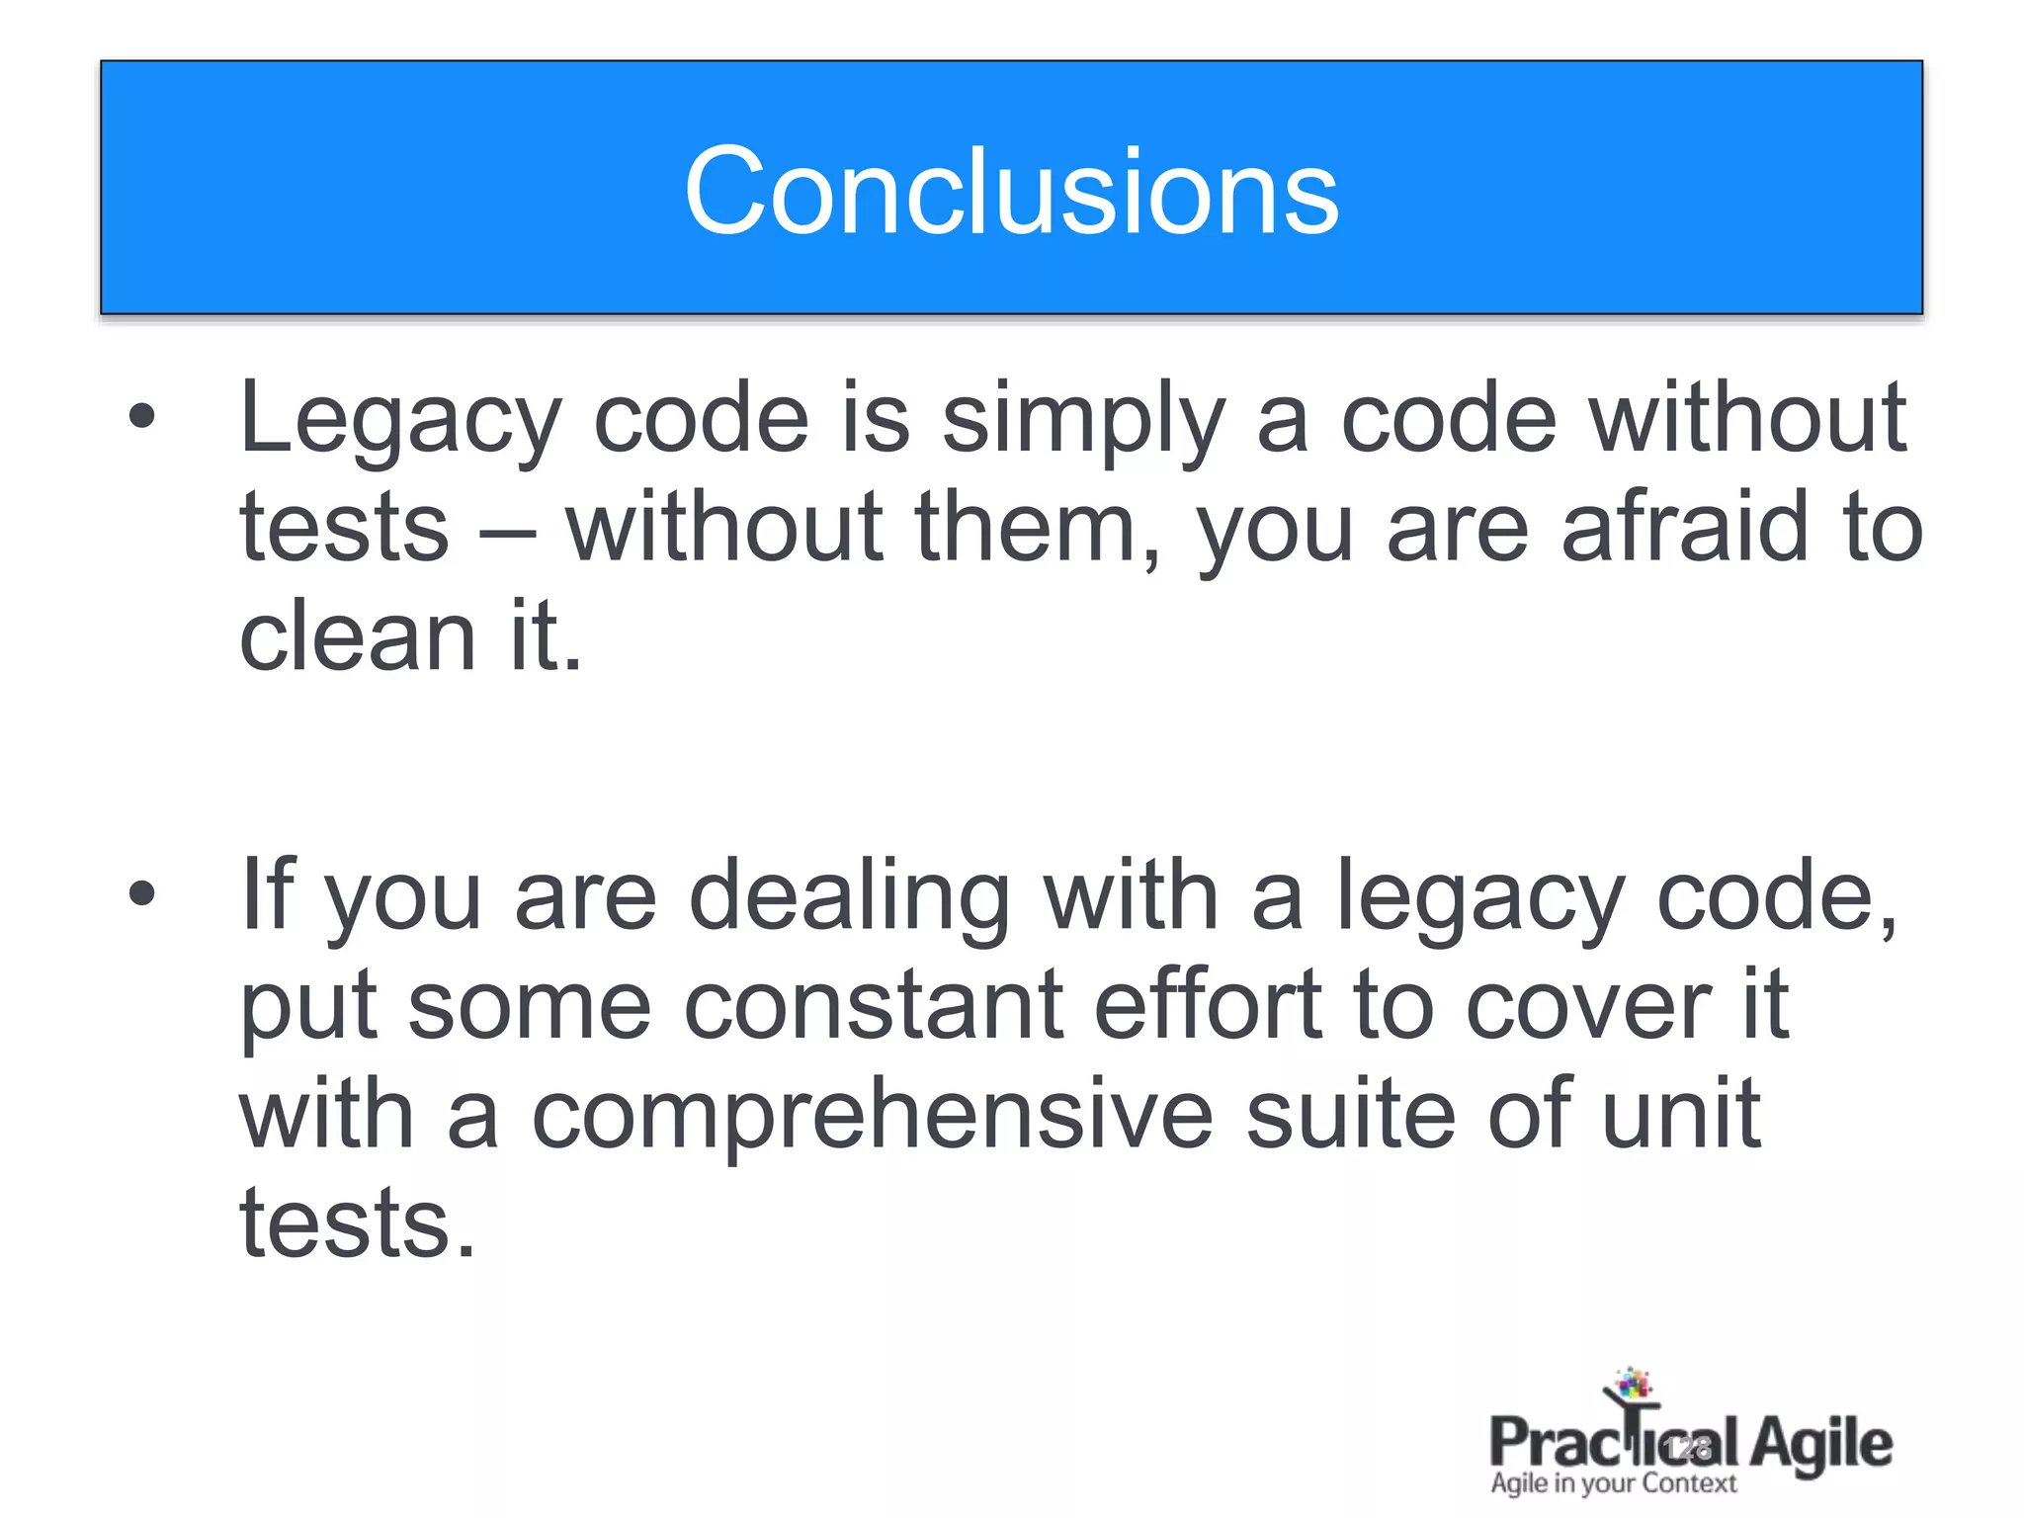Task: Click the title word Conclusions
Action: [1011, 192]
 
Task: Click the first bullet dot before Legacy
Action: [142, 416]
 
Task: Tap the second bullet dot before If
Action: [142, 893]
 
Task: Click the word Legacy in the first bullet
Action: [400, 420]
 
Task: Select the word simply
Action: [1083, 420]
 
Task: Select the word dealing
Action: [849, 897]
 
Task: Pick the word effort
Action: [1208, 1006]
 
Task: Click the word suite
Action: [1350, 1115]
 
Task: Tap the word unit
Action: [1680, 1115]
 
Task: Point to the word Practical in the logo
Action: [1613, 1443]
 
